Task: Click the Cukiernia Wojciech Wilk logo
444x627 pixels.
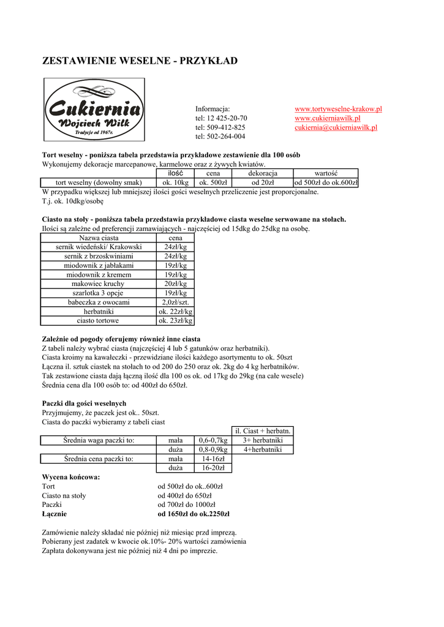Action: (x=94, y=110)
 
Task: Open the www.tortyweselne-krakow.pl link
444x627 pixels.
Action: (x=338, y=109)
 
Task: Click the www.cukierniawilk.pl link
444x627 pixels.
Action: (x=327, y=118)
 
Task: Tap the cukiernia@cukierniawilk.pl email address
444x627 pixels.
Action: (x=336, y=127)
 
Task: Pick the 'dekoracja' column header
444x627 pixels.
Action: (x=263, y=173)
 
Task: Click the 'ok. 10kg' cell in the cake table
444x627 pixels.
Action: (x=176, y=182)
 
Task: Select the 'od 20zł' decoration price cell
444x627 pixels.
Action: (x=263, y=182)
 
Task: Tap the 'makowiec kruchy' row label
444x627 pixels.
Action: (x=98, y=284)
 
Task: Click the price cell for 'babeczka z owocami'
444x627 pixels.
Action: (x=175, y=302)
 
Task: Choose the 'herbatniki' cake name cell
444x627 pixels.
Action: (x=98, y=312)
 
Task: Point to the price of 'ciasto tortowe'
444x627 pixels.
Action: (x=175, y=321)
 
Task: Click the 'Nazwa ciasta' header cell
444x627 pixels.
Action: (x=99, y=238)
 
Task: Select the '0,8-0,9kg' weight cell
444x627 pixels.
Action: (x=213, y=449)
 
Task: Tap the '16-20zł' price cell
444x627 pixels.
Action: (x=213, y=468)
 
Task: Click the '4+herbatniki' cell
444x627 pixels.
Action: (x=263, y=449)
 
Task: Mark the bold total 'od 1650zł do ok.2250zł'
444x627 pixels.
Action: (x=194, y=514)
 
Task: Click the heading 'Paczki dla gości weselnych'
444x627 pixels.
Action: (x=84, y=404)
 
